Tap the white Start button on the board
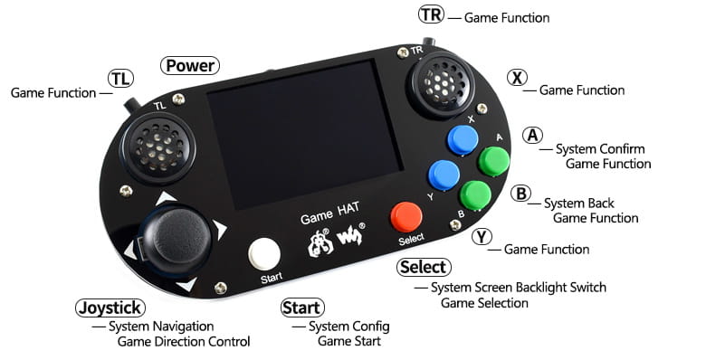264,255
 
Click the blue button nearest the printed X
463,140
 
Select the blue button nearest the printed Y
444,175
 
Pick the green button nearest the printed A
493,162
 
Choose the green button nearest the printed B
475,195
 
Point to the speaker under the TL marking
158,147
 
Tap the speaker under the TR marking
441,84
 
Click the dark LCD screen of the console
304,134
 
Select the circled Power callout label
190,66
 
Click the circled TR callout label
432,14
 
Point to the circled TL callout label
120,79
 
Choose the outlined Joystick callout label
110,308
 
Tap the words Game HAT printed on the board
330,213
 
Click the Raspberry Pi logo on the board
320,243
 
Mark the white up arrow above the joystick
166,197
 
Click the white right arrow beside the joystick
219,230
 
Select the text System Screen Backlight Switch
519,288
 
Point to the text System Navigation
161,327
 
